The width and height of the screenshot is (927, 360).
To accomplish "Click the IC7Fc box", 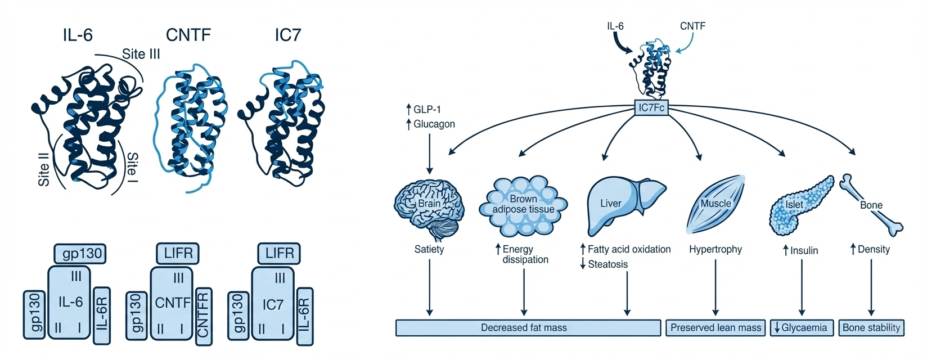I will (651, 108).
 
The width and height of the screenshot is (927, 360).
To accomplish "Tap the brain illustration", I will (429, 207).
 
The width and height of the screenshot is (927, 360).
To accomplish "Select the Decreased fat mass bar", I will (528, 327).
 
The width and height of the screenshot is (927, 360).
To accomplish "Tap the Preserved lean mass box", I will (715, 327).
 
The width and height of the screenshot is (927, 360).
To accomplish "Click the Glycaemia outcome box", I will (801, 327).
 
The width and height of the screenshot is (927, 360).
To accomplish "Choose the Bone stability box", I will (871, 327).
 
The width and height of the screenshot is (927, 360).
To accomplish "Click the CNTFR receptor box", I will (204, 315).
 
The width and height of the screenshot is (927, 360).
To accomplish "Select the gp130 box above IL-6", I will (80, 254).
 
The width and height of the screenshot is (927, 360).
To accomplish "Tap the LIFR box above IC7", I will (280, 254).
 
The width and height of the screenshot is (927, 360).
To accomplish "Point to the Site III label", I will (141, 54).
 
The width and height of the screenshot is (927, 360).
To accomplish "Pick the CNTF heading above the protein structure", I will (188, 35).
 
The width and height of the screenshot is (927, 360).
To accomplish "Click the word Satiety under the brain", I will (429, 249).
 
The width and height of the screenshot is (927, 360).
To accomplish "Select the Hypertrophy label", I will (715, 249).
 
